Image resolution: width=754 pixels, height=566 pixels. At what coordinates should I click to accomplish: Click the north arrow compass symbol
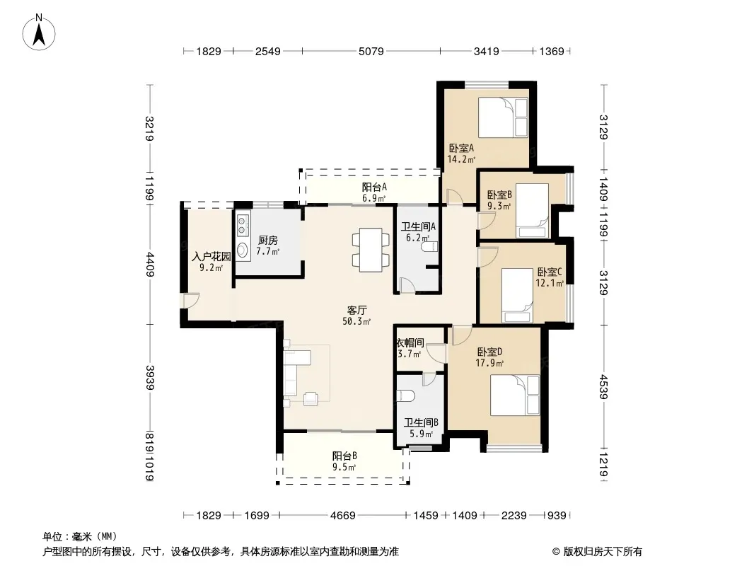tap(39, 32)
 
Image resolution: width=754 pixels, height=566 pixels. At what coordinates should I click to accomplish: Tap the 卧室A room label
tap(461, 148)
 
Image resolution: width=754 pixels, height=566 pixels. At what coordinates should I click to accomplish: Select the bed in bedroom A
tap(503, 117)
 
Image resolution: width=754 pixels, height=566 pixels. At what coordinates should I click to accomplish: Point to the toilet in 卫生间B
tap(405, 395)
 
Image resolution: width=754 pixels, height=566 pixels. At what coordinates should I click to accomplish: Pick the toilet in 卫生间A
tap(429, 247)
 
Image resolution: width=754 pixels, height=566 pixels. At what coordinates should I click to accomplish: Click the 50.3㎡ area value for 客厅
tap(356, 321)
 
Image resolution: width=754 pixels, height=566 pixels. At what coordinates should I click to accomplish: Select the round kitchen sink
tap(243, 250)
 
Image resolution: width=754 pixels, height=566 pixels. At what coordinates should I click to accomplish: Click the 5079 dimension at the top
tap(371, 51)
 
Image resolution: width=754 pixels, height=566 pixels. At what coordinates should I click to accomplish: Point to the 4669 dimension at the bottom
tap(342, 516)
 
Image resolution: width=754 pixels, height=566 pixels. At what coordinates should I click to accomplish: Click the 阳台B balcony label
tap(344, 456)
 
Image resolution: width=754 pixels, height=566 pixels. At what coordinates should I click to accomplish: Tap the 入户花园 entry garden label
tap(211, 256)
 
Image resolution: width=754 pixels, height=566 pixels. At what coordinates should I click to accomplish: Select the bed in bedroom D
tap(515, 395)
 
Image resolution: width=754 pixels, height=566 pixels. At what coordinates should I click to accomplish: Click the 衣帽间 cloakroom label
tap(410, 343)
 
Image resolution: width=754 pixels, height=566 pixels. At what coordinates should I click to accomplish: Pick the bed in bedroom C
tap(517, 296)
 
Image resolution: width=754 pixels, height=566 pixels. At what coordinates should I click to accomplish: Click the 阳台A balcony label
tap(374, 187)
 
